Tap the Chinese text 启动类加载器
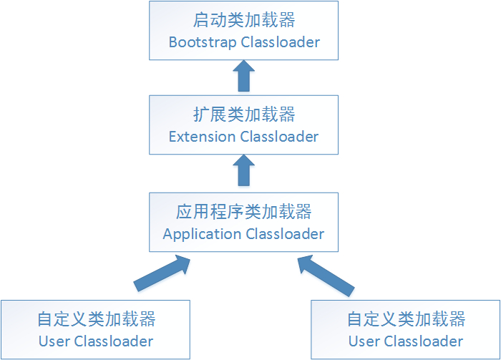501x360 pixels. coord(244,19)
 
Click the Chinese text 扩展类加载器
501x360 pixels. coord(244,114)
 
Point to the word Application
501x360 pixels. coord(202,234)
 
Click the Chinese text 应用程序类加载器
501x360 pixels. coord(244,211)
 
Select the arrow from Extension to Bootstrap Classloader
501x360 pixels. coord(244,76)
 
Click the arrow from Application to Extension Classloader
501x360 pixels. coord(244,172)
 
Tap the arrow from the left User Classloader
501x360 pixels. coord(163,275)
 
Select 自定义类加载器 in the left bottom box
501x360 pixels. coord(96,318)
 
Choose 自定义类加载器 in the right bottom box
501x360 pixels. coord(406,319)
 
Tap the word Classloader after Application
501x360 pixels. coord(285,234)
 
